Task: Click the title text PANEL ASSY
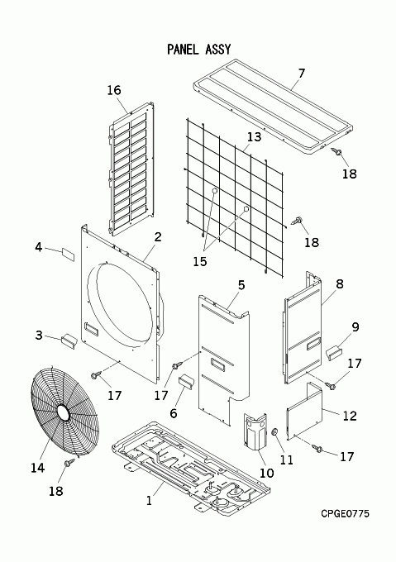(x=199, y=49)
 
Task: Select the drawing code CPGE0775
(x=345, y=513)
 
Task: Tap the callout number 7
(x=302, y=73)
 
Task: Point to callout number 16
(x=114, y=90)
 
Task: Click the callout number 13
(x=254, y=136)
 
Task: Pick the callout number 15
(x=200, y=261)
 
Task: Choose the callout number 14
(x=38, y=468)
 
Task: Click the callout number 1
(x=149, y=500)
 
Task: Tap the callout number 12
(x=350, y=416)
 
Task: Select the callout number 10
(x=267, y=473)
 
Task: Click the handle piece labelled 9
(x=334, y=351)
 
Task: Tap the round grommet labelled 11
(x=275, y=432)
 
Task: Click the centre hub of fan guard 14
(x=63, y=412)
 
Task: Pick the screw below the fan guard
(x=69, y=462)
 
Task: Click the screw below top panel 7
(x=336, y=151)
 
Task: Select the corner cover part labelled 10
(x=255, y=431)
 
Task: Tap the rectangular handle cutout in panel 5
(x=218, y=364)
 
